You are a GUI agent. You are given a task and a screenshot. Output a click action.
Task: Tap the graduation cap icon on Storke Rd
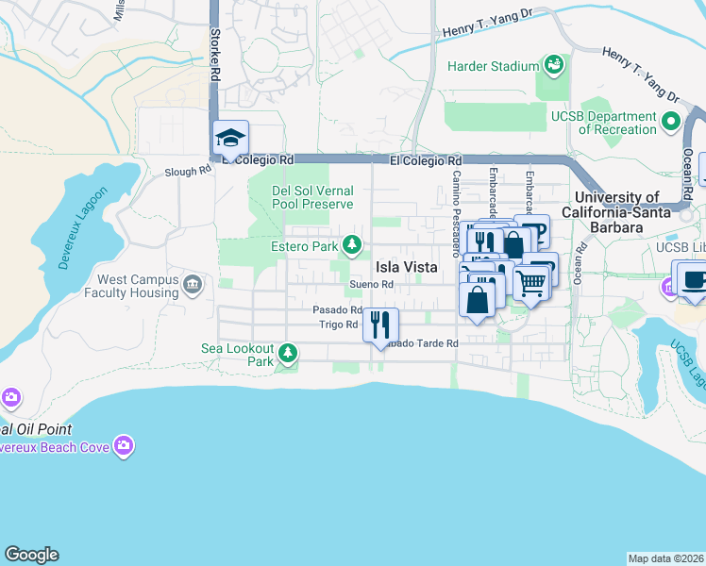tap(230, 139)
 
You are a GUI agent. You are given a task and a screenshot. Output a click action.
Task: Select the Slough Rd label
tap(188, 172)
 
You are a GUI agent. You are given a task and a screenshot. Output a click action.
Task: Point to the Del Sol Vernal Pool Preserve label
tap(312, 197)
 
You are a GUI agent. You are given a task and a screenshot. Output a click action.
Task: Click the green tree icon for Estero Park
tap(352, 246)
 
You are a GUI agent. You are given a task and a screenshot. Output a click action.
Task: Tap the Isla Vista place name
tap(407, 267)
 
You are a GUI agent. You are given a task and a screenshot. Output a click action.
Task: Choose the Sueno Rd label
tap(370, 285)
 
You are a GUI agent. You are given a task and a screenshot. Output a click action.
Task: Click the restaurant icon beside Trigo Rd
tap(380, 325)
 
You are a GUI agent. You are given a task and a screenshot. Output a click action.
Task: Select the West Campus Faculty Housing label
tap(138, 287)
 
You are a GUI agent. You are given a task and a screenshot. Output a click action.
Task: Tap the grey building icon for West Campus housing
tap(193, 284)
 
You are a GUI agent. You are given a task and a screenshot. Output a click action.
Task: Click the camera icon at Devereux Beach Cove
tap(123, 444)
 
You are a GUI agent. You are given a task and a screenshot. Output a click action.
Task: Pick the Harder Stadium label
tap(491, 66)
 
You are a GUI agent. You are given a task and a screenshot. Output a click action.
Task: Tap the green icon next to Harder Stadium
tap(552, 65)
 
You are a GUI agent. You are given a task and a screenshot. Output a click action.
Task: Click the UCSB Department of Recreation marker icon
tap(671, 121)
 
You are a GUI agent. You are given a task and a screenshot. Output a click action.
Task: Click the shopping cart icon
tap(531, 281)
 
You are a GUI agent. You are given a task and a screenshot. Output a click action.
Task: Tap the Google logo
tap(31, 555)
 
